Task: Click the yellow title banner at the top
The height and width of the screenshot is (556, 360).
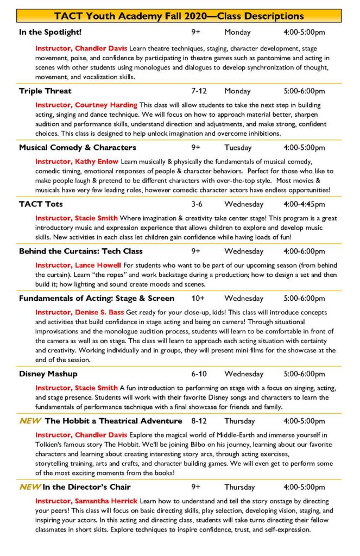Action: coord(180,16)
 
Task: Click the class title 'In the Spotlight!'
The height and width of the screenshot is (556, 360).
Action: coord(50,33)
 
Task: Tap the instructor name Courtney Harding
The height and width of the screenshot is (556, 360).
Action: coord(86,105)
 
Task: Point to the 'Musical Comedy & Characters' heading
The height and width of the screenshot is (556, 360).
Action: coord(78,148)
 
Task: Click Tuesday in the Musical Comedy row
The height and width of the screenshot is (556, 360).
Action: coord(238,148)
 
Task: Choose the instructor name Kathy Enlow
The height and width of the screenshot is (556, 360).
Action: coord(77,162)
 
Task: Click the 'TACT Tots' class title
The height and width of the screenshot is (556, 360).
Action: coord(41,204)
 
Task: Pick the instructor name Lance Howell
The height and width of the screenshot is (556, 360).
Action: coord(78,265)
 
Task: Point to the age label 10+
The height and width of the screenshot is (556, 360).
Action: coord(198,298)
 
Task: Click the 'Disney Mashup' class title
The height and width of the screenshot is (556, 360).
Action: coord(48,374)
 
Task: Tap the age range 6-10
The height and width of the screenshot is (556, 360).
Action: coord(199,374)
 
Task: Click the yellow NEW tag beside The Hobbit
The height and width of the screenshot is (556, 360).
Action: coord(30,421)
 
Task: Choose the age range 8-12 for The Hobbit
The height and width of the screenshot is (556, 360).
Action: coord(200,421)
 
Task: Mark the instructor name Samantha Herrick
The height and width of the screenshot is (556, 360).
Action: coord(86,501)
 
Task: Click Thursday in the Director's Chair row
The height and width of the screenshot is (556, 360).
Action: coord(239,486)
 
